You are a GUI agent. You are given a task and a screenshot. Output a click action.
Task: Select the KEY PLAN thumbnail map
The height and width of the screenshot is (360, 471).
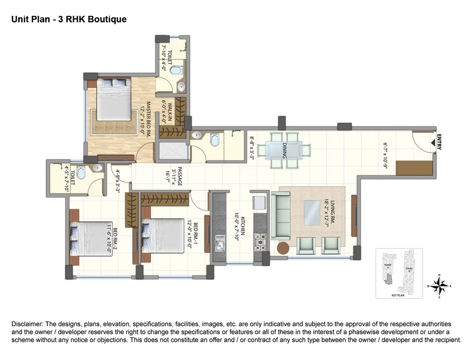[399, 274]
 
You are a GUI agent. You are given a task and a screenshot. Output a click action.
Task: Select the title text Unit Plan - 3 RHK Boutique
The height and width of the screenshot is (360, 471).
[69, 19]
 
